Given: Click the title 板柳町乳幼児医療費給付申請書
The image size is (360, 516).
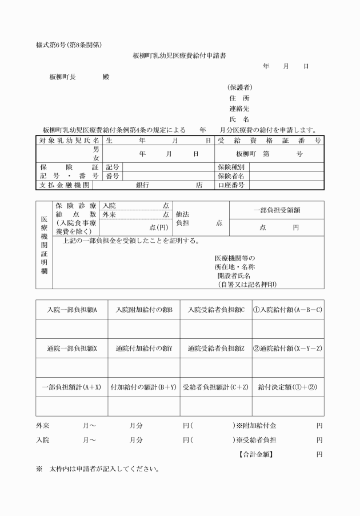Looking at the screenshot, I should coord(179,56).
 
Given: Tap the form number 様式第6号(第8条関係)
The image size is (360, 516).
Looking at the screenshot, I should coord(69,45).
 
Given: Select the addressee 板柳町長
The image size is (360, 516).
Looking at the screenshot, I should coord(63,77).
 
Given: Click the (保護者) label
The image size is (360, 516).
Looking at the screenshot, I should coord(240,87).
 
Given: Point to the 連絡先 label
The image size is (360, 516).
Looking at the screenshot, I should coord(239,109).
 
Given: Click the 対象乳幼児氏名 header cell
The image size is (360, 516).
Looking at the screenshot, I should coord(70,140).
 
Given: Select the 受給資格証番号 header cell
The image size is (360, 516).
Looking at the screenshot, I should coord(269,140).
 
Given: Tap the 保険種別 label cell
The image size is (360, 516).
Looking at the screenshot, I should coord(231,167).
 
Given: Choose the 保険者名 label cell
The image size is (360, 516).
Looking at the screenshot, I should coord(231,176).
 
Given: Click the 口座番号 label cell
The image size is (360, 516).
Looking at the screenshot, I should coord(231,185).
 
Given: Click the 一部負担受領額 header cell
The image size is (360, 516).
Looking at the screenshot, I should coord(277,210).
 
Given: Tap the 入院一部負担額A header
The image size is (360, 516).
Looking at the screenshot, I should coord(72,310).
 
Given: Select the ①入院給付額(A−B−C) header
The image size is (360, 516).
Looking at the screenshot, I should coord(288,310).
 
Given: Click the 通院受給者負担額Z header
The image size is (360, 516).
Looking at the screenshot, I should coord(216,348).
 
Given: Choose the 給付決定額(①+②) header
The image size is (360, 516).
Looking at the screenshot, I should coord(288,387).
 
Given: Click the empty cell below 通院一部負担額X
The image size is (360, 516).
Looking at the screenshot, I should coord(72,367).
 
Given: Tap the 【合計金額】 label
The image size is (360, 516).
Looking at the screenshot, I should coord(255,455).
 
